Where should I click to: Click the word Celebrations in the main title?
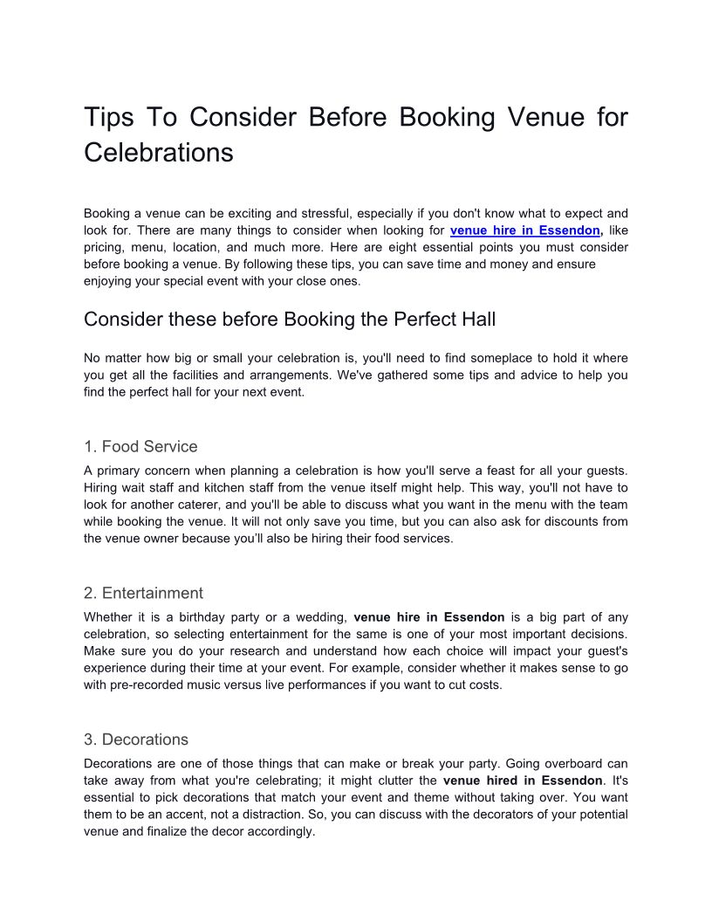pos(159,152)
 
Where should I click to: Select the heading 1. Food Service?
pos(140,446)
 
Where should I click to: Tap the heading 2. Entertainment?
pos(143,593)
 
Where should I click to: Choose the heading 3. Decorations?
pos(136,740)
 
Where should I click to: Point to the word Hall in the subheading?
pos(476,320)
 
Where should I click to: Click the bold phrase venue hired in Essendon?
pos(523,780)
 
